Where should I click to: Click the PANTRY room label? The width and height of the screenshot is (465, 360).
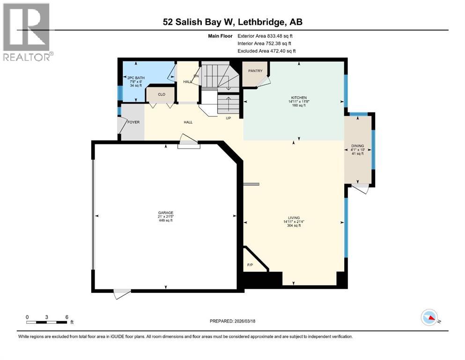255,71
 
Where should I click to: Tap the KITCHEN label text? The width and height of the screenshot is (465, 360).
297,98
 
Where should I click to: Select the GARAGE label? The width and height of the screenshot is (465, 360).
165,212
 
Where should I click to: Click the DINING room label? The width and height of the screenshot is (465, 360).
358,146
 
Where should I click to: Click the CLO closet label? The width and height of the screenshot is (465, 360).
162,95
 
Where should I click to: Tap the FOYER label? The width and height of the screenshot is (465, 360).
133,122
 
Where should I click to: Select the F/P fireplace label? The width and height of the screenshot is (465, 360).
250,265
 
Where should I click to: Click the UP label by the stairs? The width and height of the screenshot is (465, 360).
229,118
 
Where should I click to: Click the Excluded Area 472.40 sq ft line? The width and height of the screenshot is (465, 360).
266,51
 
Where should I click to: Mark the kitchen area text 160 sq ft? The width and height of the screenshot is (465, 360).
297,105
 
